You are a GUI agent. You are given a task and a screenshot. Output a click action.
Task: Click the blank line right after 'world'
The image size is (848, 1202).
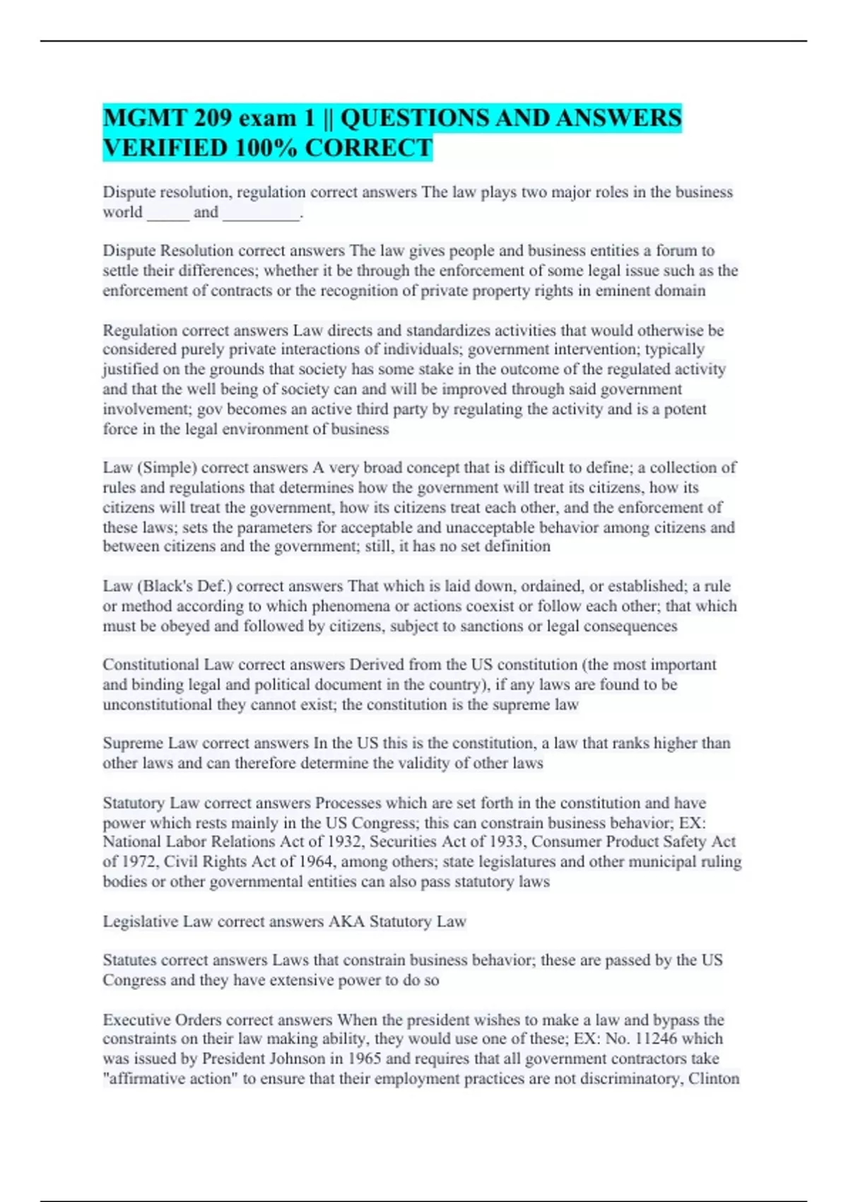[x=168, y=213]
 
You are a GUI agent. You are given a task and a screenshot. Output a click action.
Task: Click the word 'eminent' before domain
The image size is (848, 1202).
[x=622, y=291]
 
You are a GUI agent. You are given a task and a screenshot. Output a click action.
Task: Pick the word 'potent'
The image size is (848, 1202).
[x=685, y=409]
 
